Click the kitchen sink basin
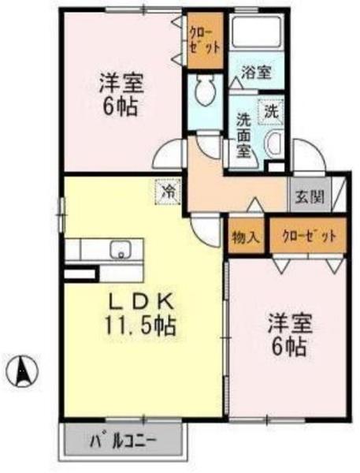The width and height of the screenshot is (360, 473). click(x=121, y=251)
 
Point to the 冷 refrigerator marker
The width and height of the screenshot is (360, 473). click(x=167, y=192)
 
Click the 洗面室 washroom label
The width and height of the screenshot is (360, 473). click(x=245, y=135)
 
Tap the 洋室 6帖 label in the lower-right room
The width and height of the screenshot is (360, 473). click(x=291, y=335)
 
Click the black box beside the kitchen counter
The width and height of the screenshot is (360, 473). click(x=78, y=273)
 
